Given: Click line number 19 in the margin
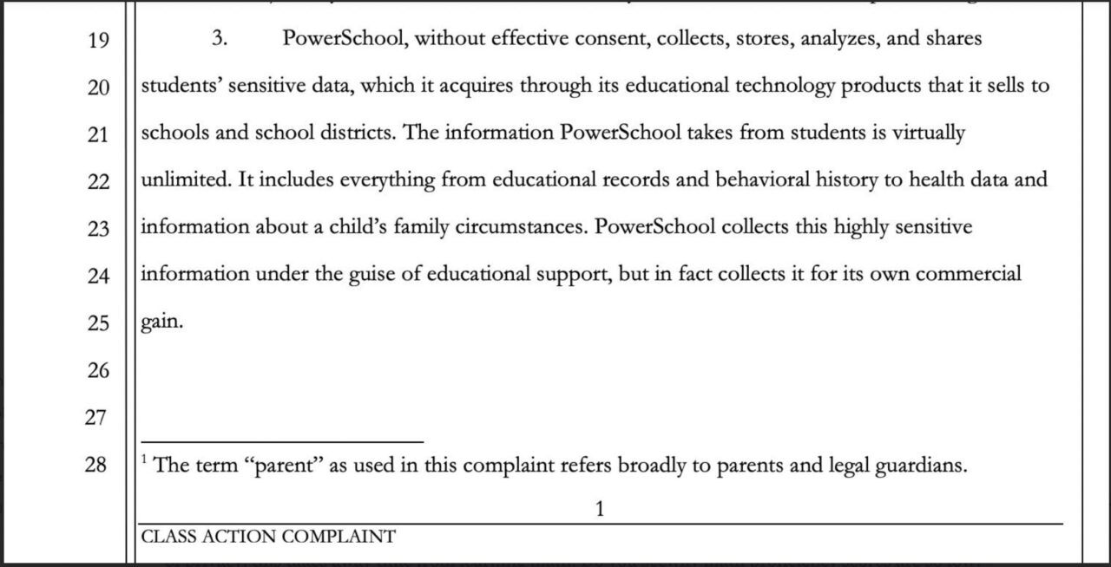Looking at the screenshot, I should [x=98, y=40].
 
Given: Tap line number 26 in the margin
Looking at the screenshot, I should [x=98, y=370].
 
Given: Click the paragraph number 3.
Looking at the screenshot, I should [x=220, y=39].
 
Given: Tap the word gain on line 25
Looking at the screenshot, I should [x=161, y=323].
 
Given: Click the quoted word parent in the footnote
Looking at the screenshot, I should [x=287, y=466].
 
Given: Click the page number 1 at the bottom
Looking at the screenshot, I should [x=599, y=509].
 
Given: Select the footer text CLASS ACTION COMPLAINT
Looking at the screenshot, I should [x=267, y=537].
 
